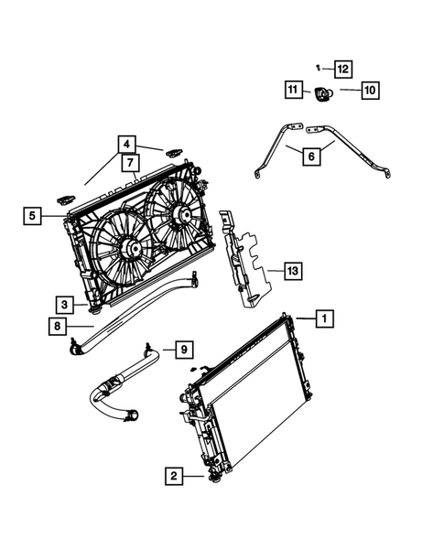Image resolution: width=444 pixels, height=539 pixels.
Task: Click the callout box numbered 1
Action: [x=323, y=318]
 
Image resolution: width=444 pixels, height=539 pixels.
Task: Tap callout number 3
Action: [x=61, y=304]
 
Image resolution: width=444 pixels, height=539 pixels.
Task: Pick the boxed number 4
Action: [x=127, y=144]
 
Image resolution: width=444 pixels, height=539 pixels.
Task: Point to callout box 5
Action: [x=33, y=216]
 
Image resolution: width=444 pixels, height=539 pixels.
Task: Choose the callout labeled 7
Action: [x=129, y=164]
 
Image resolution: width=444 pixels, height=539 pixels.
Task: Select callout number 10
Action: [x=369, y=91]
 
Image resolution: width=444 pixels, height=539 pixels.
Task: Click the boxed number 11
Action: [x=292, y=90]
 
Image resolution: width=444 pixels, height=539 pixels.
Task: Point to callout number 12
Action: [x=341, y=69]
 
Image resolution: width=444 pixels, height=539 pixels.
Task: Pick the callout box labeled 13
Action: [x=292, y=272]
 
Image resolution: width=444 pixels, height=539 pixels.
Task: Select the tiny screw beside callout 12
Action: [x=317, y=67]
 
